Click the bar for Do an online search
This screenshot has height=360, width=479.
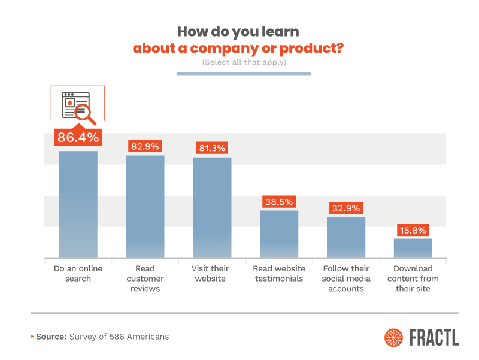(78, 204)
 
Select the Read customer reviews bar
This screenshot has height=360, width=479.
(145, 206)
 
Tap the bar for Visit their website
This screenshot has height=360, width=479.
(212, 207)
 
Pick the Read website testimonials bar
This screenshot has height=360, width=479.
(279, 234)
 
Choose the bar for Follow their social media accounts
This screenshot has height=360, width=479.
(346, 237)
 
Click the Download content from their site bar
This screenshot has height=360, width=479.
(413, 247)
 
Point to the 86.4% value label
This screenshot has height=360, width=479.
(78, 137)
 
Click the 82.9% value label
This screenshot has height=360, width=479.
(145, 147)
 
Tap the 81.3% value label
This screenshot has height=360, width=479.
(212, 149)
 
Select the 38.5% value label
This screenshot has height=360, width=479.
(279, 202)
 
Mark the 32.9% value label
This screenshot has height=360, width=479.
(346, 208)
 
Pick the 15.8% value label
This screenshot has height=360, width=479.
(413, 230)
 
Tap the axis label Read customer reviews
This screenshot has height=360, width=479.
(145, 279)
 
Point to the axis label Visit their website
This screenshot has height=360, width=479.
(212, 273)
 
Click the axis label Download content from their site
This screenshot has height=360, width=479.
(413, 279)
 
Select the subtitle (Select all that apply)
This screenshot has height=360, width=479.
(244, 62)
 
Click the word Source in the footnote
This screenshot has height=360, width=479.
(50, 337)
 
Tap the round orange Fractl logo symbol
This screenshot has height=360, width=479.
(395, 337)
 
